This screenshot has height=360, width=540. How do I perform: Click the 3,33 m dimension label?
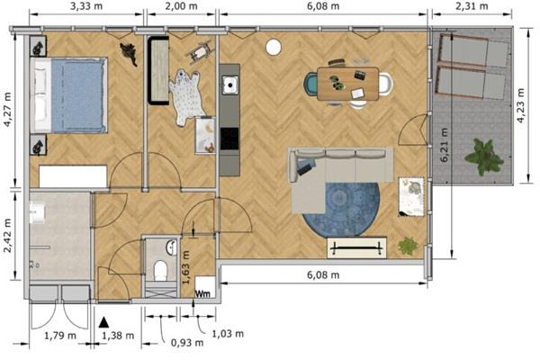tap(86, 6)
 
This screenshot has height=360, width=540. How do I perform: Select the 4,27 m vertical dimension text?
tap(7, 109)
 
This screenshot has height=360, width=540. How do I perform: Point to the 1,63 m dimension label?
tap(185, 267)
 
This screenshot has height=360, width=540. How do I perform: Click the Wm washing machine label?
tap(202, 293)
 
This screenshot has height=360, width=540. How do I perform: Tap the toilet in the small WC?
tap(160, 271)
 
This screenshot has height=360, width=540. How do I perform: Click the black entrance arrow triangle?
tap(103, 322)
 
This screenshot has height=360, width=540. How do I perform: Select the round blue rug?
tap(341, 210)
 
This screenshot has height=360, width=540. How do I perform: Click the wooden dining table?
tap(347, 84)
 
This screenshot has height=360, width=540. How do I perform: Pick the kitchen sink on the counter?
tap(230, 85)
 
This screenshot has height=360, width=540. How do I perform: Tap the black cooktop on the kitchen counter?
tap(229, 139)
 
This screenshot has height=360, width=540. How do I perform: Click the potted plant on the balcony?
tap(484, 157)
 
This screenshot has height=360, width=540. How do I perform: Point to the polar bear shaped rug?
tap(187, 97)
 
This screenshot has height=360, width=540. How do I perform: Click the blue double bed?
tap(69, 95)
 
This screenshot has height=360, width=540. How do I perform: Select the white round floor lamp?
tap(274, 47)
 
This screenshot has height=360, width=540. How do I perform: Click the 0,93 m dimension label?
tap(187, 343)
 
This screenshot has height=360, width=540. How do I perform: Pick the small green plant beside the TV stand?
tap(408, 246)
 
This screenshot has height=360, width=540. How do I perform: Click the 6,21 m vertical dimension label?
tap(444, 145)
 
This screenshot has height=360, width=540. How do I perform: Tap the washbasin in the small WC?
tap(172, 247)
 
